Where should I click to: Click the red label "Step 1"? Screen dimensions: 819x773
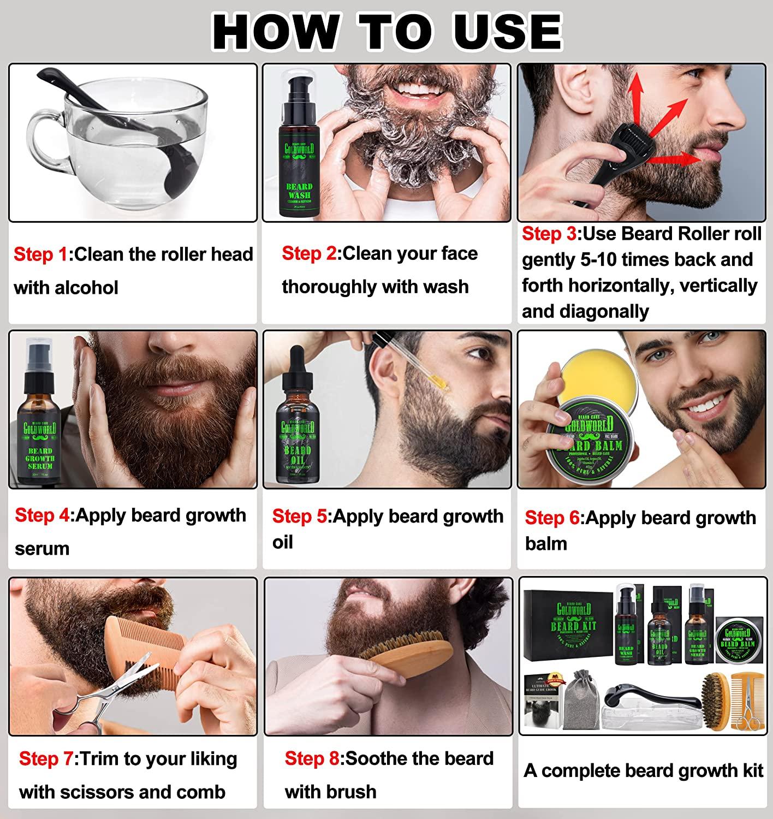coord(41,254)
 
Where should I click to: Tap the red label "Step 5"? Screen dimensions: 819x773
coord(300,516)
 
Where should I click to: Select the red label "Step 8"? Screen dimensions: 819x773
coord(312,758)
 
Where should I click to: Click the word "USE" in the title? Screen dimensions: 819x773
coord(507,31)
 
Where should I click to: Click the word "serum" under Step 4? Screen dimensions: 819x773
coord(42,549)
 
